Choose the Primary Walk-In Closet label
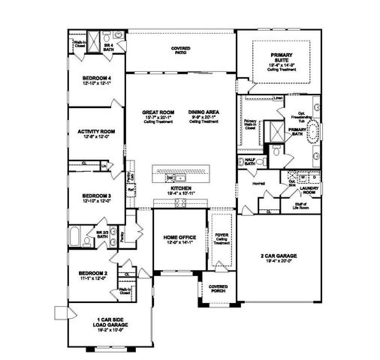click(249, 123)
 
